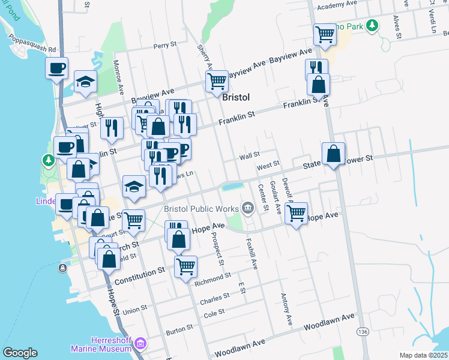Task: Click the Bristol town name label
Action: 235,97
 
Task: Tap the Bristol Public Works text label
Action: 202,209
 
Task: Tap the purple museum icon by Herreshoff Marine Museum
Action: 140,344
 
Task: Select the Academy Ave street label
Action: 340,5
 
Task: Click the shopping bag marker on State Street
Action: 333,154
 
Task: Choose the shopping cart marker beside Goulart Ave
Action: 297,212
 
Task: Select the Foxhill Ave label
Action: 253,253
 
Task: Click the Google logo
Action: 20,353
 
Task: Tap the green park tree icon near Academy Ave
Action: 373,25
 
